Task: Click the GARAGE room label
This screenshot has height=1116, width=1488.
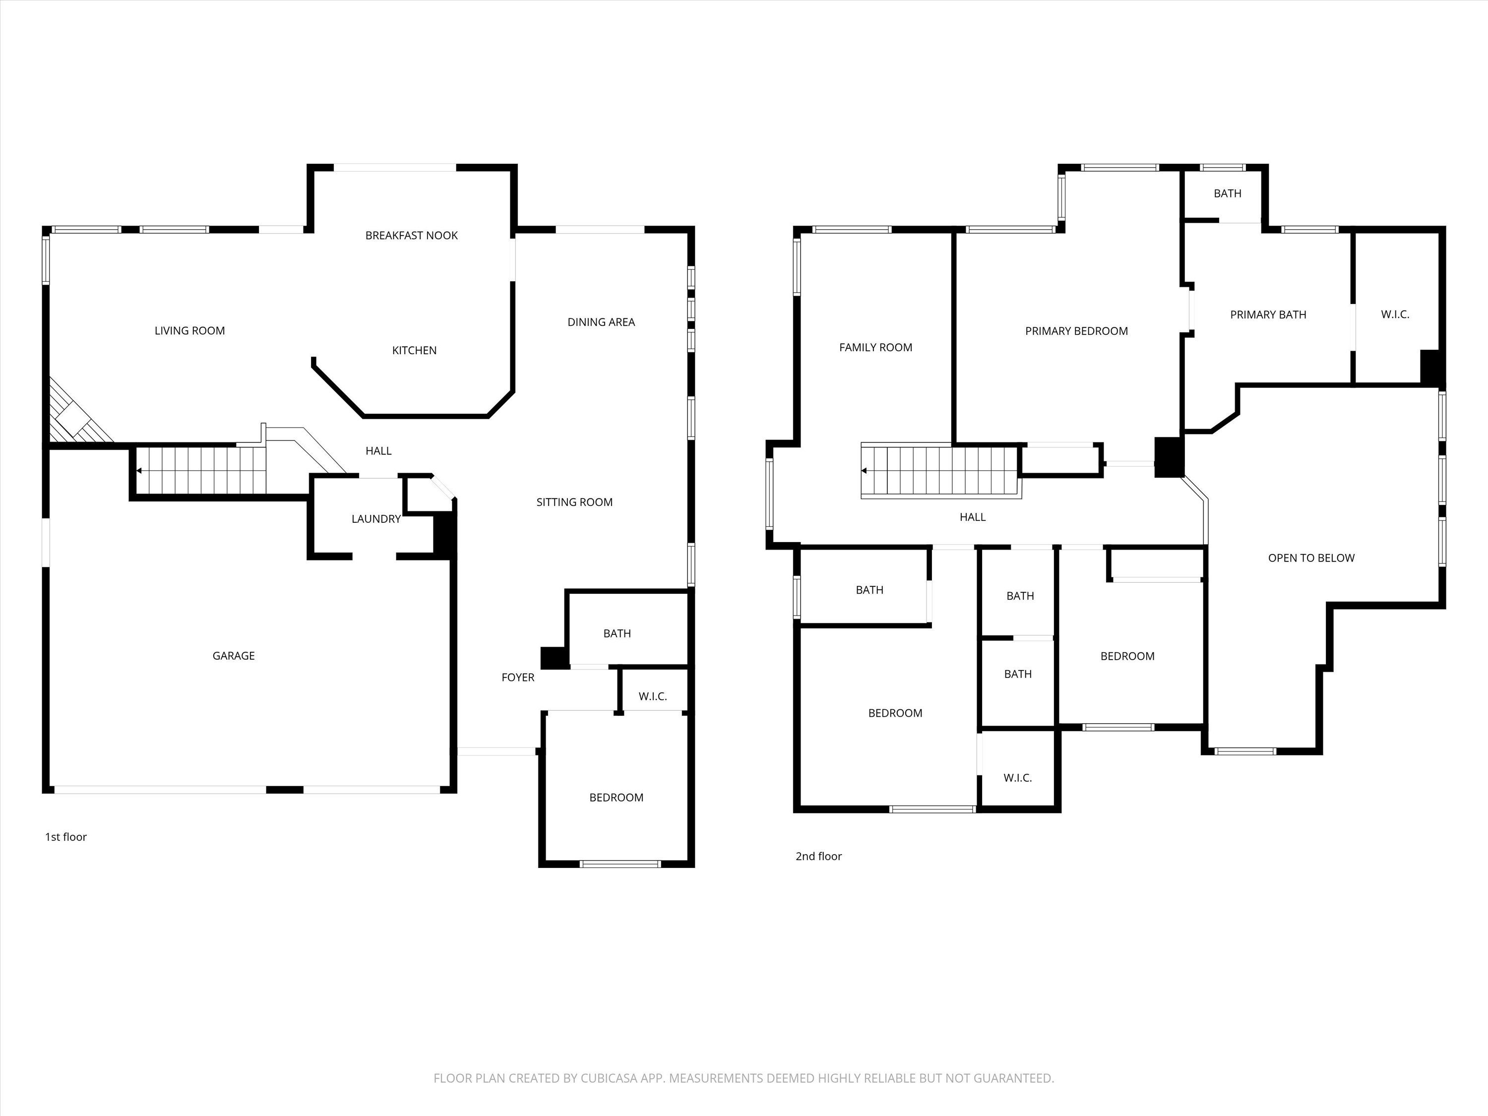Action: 234,656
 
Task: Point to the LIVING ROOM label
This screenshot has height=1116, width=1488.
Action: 189,331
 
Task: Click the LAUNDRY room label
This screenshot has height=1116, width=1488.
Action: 376,519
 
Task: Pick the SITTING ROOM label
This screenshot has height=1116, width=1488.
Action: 574,502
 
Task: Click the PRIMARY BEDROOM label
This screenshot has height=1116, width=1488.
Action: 1076,331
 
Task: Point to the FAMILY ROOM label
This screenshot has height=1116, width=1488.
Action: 876,348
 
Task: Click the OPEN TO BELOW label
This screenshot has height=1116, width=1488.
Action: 1311,558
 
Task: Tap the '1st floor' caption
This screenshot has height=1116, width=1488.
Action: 66,837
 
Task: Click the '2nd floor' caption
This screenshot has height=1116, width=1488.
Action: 819,856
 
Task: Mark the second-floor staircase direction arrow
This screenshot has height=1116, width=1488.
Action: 865,471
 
